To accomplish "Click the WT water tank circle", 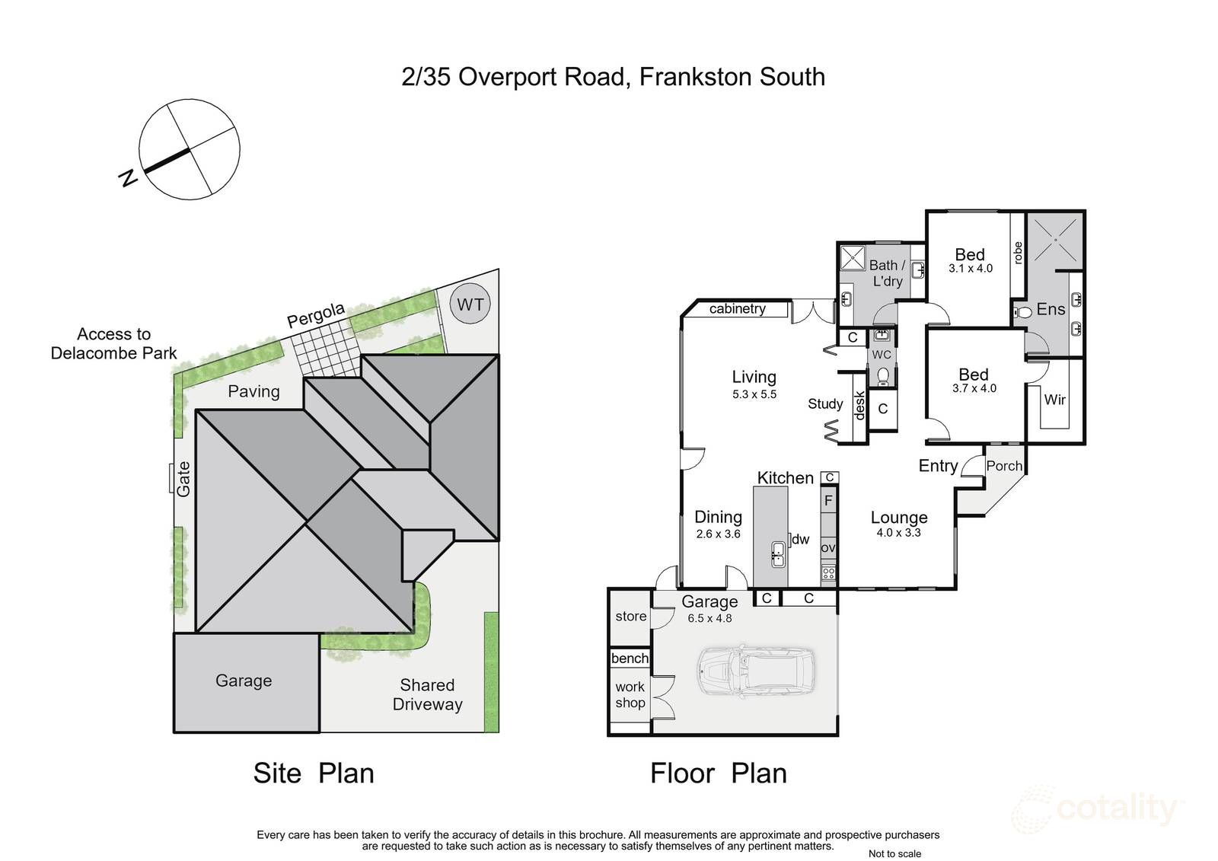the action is click(x=470, y=304).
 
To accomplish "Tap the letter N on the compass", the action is click(x=128, y=178).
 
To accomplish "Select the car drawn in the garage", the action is click(x=757, y=671).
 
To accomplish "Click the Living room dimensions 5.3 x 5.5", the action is click(x=754, y=394).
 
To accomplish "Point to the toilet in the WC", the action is click(x=882, y=376).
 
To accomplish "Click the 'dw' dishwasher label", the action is click(x=800, y=539).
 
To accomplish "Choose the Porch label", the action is click(x=1004, y=466).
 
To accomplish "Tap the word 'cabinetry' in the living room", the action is click(x=738, y=309).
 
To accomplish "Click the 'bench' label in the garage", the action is click(x=630, y=659).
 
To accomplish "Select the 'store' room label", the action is click(x=631, y=616).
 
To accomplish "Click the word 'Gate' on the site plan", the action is click(x=183, y=479).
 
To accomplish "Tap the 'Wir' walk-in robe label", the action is click(x=1054, y=400).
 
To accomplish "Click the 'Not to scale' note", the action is click(x=894, y=853).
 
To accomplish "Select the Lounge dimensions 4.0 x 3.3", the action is click(x=898, y=532).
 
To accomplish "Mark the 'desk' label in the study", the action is click(x=859, y=406).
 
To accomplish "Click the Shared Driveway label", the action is click(x=427, y=694).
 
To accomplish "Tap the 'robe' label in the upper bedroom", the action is click(x=1017, y=253).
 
